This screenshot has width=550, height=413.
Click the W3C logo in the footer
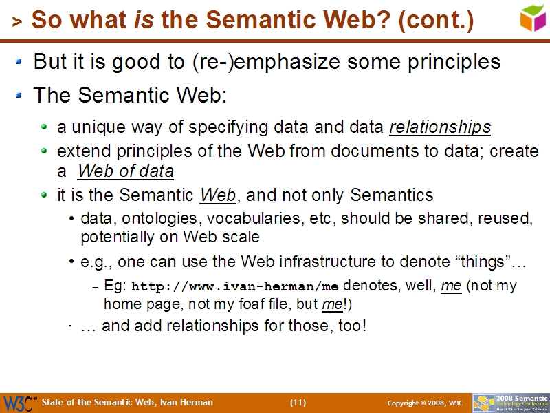pos(19,403)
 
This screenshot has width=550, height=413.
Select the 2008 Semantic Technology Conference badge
pos(510,403)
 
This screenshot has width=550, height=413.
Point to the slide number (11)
pos(298,403)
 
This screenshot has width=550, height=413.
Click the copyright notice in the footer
pos(416,403)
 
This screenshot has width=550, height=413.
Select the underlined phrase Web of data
pos(126,171)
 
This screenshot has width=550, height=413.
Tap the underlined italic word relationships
pos(440,127)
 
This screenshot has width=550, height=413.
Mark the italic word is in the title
pos(144,21)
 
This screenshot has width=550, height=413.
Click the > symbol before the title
pos(17,23)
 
